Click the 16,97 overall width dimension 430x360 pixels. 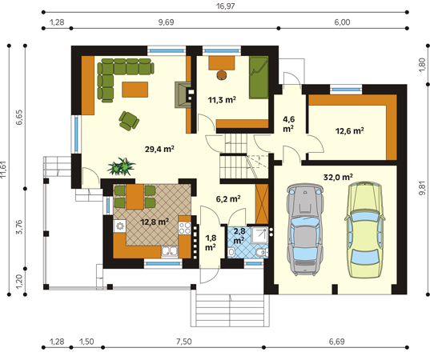[x=226, y=6]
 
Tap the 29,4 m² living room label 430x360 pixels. [x=159, y=149]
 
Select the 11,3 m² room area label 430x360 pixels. [x=222, y=100]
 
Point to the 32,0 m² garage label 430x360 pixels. [x=338, y=178]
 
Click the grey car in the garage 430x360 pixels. [x=304, y=230]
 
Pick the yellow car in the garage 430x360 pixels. [x=364, y=230]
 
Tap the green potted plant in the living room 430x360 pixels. [x=121, y=166]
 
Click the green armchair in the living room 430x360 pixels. [x=129, y=121]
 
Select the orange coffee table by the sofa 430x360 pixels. [x=135, y=90]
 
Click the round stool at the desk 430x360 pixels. [x=222, y=75]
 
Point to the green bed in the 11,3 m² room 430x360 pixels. [x=259, y=78]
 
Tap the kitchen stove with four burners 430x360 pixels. [x=184, y=228]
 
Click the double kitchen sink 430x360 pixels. [x=170, y=252]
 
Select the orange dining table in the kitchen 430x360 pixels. [x=135, y=197]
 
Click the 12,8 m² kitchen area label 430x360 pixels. [x=155, y=222]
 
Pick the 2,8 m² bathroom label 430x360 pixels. [x=239, y=236]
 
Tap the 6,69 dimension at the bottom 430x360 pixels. [x=336, y=342]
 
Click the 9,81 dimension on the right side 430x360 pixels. [x=423, y=189]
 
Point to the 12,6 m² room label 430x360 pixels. [x=350, y=130]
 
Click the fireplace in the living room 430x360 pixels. [x=183, y=94]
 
